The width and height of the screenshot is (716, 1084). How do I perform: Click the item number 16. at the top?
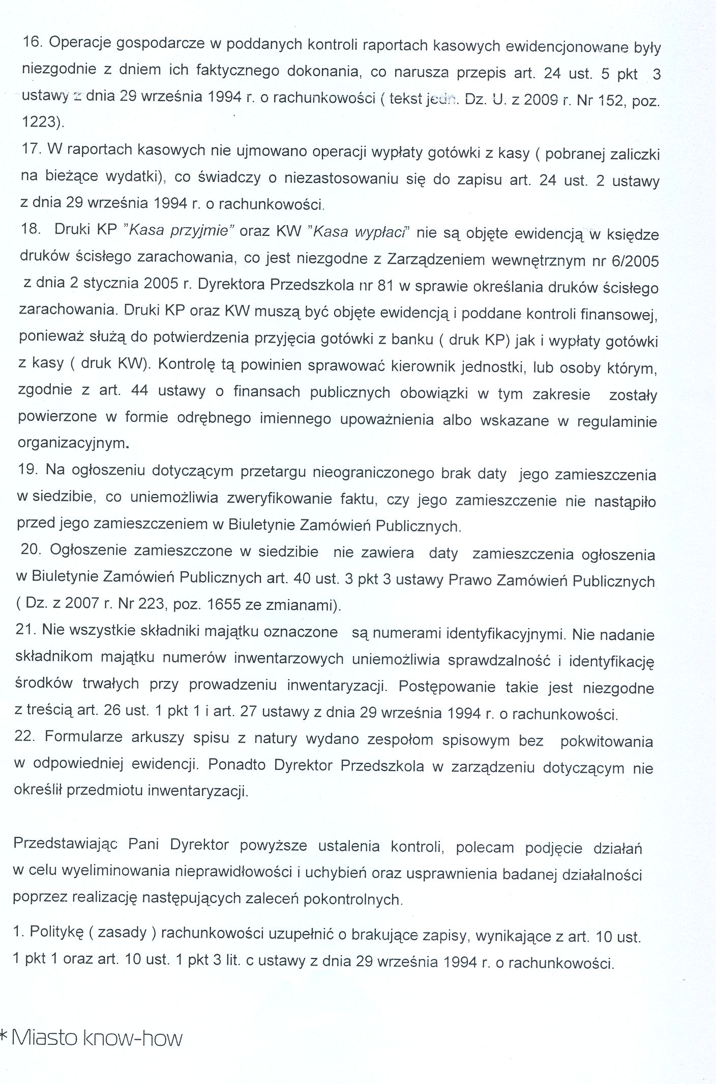tap(34, 43)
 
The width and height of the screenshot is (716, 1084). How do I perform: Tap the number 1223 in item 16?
tap(41, 122)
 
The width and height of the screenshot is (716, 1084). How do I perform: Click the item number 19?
tap(28, 470)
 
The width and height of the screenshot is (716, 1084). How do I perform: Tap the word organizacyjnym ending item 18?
tap(71, 443)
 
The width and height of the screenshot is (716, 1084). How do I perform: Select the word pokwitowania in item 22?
tap(606, 741)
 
